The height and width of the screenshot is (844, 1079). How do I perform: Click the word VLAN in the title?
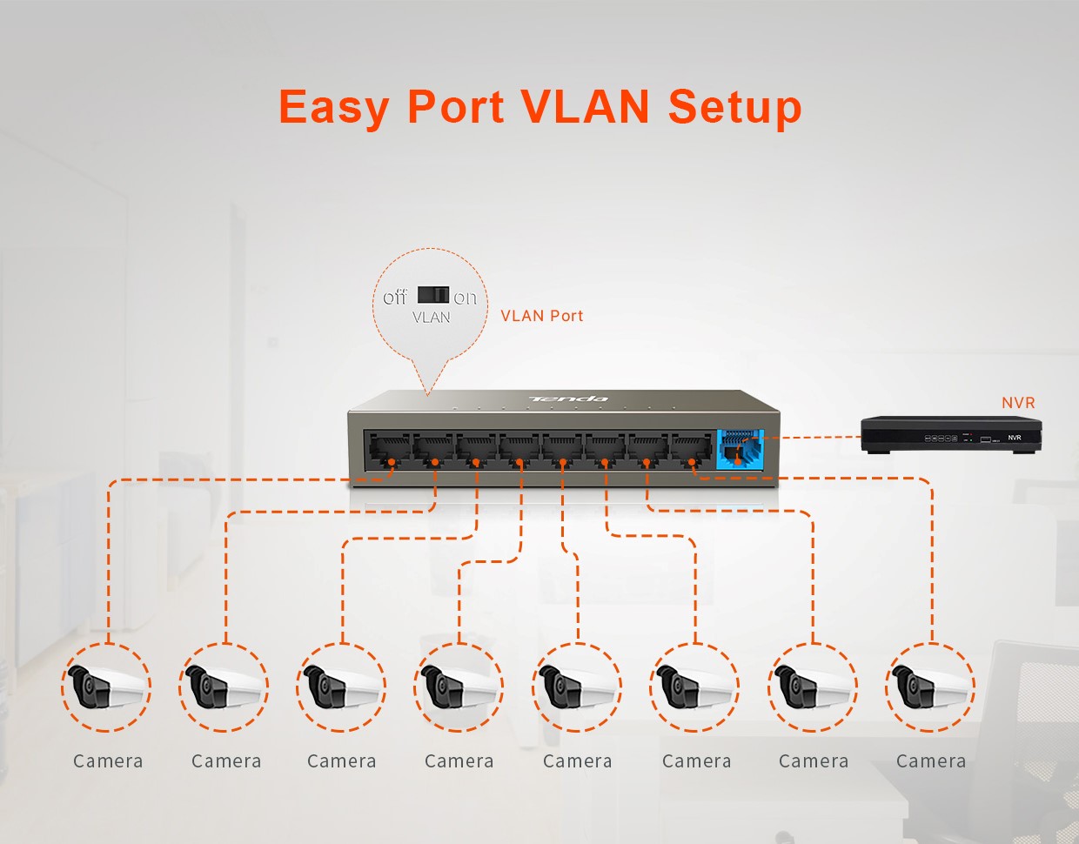pos(585,107)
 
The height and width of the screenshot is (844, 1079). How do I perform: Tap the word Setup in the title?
pos(734,109)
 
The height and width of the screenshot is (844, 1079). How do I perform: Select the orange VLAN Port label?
pos(541,316)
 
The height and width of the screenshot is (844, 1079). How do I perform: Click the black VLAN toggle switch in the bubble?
pos(433,295)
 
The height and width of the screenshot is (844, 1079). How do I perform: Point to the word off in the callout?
pos(395,298)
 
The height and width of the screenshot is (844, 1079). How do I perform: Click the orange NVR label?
pos(1018,403)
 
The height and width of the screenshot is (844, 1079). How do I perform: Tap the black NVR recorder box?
pos(950,434)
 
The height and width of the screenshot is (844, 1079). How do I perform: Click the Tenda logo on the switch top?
pos(568,399)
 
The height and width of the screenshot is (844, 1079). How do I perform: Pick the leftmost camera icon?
pos(106,687)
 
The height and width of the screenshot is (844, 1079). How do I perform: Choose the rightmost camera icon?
pos(930,687)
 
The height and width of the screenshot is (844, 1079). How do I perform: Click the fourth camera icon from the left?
pos(459,687)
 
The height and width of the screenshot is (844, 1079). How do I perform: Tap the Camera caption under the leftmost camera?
pos(108,761)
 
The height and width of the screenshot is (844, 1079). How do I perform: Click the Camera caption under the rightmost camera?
pos(931,761)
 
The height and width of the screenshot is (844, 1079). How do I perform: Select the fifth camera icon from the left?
pos(577,687)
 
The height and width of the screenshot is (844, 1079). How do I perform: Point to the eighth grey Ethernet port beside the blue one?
pos(692,450)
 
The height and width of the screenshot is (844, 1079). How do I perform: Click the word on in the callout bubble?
pos(465,298)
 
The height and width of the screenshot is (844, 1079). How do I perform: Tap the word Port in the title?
pos(455,109)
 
